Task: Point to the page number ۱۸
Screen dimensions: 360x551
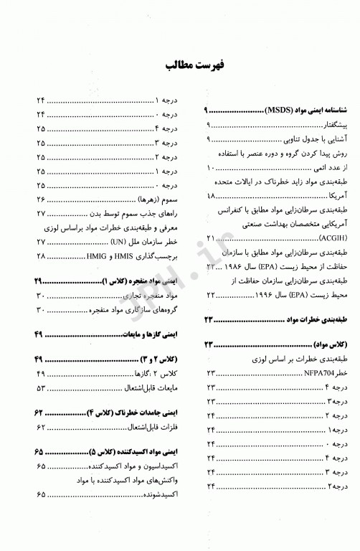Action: (211, 195)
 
